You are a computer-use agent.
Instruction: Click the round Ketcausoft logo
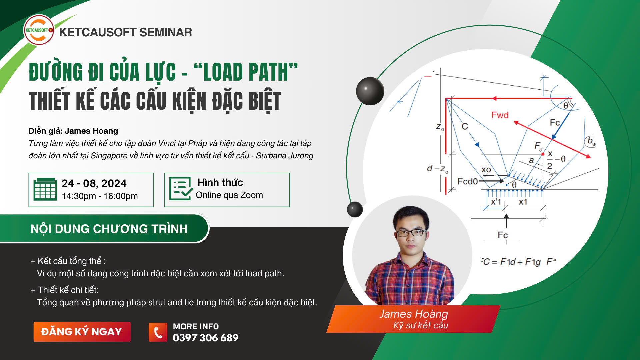coord(39,30)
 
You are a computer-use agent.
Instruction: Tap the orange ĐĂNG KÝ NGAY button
coord(82,332)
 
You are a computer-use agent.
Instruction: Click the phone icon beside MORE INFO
coord(158,332)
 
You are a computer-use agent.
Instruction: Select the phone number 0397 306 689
coord(206,338)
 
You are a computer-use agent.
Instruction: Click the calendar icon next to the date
coord(45,189)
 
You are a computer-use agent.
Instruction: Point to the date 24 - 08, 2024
coord(94,183)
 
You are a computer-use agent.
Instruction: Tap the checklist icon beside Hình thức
coord(181,189)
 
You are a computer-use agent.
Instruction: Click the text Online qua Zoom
coord(229,195)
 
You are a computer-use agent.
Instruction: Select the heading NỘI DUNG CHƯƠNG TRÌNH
coord(109,229)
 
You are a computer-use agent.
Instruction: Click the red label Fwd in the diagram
coord(500,115)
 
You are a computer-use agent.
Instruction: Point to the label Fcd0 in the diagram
coord(468,181)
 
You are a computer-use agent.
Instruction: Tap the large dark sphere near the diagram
coord(370,91)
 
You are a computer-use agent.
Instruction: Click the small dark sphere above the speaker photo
coord(355,209)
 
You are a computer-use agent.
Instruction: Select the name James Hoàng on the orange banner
coord(414,314)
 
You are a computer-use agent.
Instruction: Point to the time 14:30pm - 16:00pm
coord(100,196)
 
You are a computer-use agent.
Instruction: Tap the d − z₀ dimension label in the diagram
coord(438,169)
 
